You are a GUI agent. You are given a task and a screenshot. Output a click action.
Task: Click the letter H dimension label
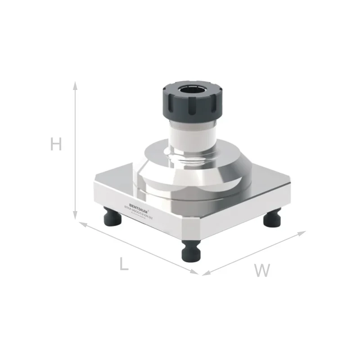[56, 144]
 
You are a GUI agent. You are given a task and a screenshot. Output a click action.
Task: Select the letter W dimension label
[261, 270]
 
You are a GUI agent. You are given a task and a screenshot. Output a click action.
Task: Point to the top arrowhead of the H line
[76, 85]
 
